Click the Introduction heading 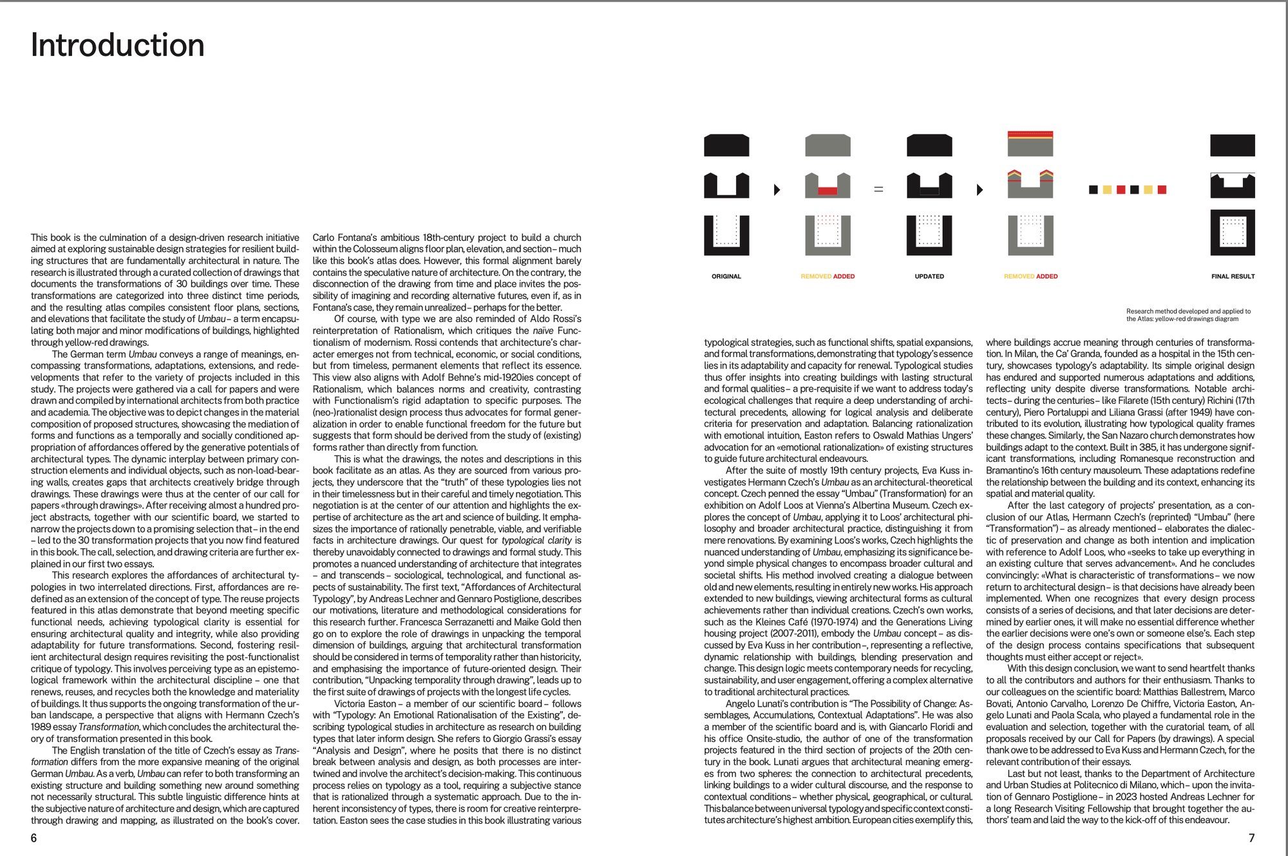118,46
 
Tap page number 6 34,838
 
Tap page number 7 1251,838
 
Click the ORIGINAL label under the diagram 726,276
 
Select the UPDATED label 929,276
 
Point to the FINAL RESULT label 1233,276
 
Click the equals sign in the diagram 878,189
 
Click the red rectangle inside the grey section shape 828,191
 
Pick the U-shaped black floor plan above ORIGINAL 726,235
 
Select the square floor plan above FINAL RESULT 1233,232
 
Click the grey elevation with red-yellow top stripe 1030,144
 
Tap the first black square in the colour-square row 1093,189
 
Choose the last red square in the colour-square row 1162,189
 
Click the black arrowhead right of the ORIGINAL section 777,189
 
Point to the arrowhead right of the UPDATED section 980,189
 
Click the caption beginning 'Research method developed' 1188,315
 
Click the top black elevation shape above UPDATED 929,146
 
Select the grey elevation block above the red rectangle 828,146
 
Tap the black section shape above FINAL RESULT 1233,187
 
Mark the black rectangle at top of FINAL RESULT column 1233,146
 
